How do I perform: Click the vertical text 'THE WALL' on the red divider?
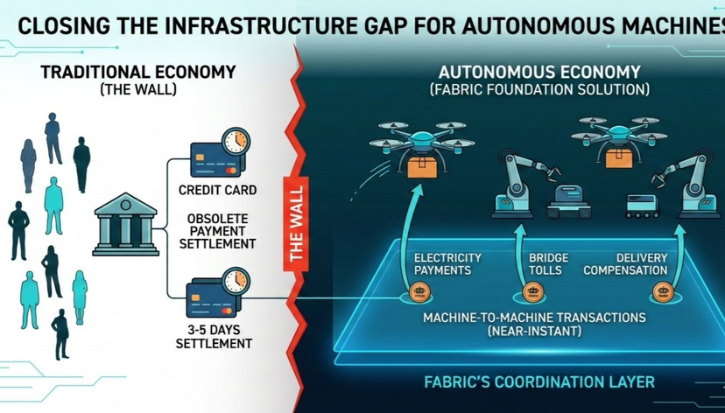(x=296, y=223)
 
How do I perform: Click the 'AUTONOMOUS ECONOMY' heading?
(x=539, y=72)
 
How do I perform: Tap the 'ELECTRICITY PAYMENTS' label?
(x=447, y=264)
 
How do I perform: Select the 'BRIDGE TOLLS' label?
(x=548, y=264)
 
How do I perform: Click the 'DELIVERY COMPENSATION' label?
(x=642, y=264)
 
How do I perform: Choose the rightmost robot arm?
(x=692, y=186)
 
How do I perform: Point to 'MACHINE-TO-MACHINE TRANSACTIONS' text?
(x=534, y=317)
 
